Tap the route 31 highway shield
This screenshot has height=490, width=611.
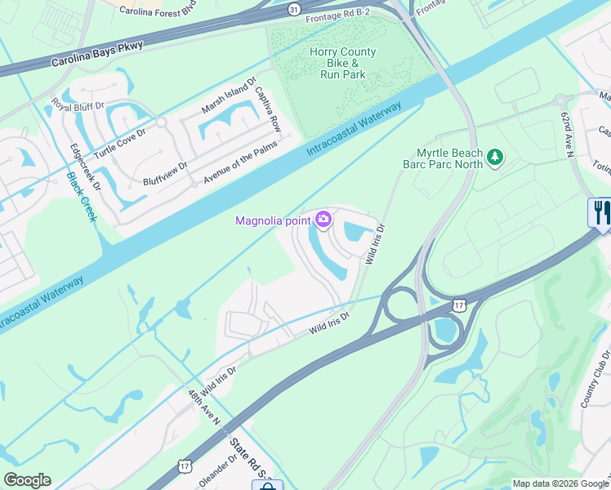coord(293,9)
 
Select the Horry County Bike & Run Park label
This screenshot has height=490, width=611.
coord(342,63)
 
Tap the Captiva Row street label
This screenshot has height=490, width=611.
coord(269,110)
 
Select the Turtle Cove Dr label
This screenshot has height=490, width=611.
coord(119,144)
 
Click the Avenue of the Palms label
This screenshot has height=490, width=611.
coord(241,158)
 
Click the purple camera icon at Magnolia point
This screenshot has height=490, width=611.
coord(323,219)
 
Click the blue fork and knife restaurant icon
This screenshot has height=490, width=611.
coord(600,212)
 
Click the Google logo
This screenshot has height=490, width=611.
coord(27,480)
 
